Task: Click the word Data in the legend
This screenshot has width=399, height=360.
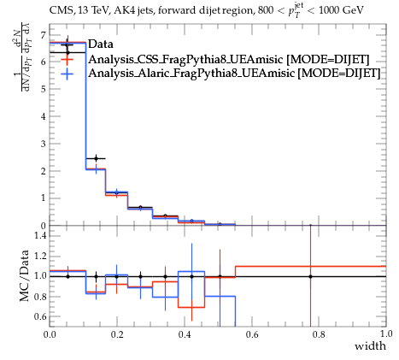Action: tap(101, 44)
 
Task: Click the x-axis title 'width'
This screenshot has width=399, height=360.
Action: tap(371, 346)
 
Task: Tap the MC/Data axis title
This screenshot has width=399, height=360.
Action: tap(24, 276)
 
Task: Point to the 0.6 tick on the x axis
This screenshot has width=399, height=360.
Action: tap(251, 333)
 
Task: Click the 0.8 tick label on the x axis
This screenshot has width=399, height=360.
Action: tap(319, 333)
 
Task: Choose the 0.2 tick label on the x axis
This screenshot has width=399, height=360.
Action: tap(117, 333)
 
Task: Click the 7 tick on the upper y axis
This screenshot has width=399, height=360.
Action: tap(43, 35)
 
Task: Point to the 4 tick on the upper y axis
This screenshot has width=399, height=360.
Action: tap(43, 116)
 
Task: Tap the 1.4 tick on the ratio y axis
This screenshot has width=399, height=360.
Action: tap(40, 235)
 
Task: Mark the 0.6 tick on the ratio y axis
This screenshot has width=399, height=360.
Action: tap(40, 316)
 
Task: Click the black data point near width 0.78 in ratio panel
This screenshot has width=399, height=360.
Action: tap(310, 276)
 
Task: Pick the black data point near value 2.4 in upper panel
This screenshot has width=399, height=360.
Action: tap(96, 158)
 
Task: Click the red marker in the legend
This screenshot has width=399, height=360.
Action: tap(67, 60)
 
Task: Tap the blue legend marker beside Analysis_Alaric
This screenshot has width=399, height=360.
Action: tap(67, 74)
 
